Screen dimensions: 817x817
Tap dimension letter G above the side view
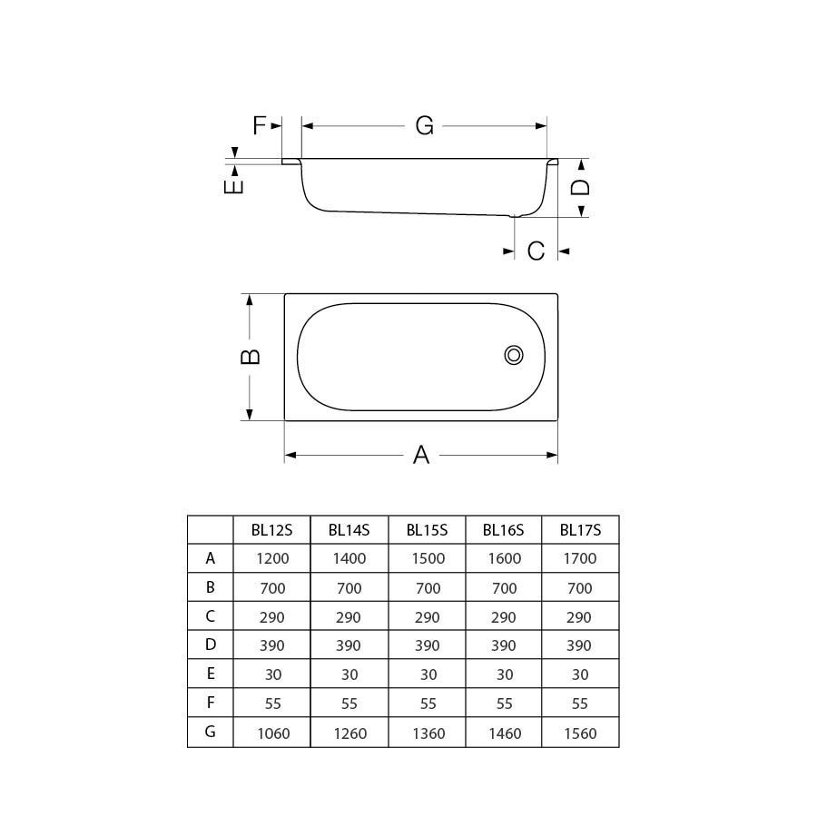tap(425, 126)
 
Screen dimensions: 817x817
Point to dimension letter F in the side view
tap(259, 125)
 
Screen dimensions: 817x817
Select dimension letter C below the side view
tap(536, 251)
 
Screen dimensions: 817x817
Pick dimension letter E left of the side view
tap(233, 186)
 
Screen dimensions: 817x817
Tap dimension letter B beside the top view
tap(251, 357)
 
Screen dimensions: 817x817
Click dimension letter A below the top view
tap(421, 455)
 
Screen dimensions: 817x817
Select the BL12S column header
tap(271, 530)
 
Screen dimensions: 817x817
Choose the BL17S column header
tap(580, 530)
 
